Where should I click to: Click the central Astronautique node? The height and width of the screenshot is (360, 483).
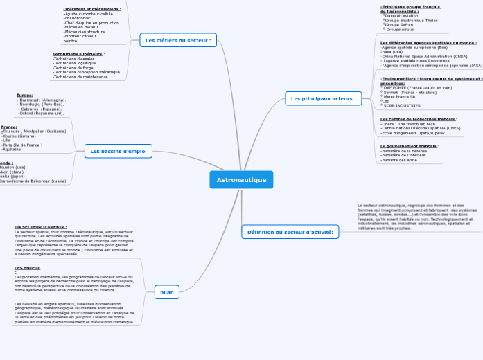pos(241,180)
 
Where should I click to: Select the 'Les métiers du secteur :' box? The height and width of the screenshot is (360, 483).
pos(177,40)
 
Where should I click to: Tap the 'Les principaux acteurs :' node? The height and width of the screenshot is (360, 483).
pos(323,98)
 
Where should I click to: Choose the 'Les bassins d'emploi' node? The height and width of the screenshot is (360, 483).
pos(119,151)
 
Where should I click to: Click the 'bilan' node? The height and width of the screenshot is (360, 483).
pos(167,292)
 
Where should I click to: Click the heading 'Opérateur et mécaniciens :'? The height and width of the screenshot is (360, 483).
pos(92,9)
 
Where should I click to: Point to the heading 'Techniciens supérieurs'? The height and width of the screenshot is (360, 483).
pos(78,54)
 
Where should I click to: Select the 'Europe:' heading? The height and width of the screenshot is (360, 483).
pos(25,95)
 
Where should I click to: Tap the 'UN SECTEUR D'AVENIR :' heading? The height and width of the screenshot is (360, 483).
pos(41,226)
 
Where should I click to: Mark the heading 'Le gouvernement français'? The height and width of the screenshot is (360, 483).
pos(409,146)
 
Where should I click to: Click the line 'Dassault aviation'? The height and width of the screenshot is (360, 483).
pos(401,15)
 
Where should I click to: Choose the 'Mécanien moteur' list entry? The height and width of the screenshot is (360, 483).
pos(82,27)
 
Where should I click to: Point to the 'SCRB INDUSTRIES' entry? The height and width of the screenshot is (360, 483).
pos(402,106)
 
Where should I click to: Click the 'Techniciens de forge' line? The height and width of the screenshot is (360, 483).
pos(73,68)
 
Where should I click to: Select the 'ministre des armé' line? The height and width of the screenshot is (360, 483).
pos(400,160)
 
